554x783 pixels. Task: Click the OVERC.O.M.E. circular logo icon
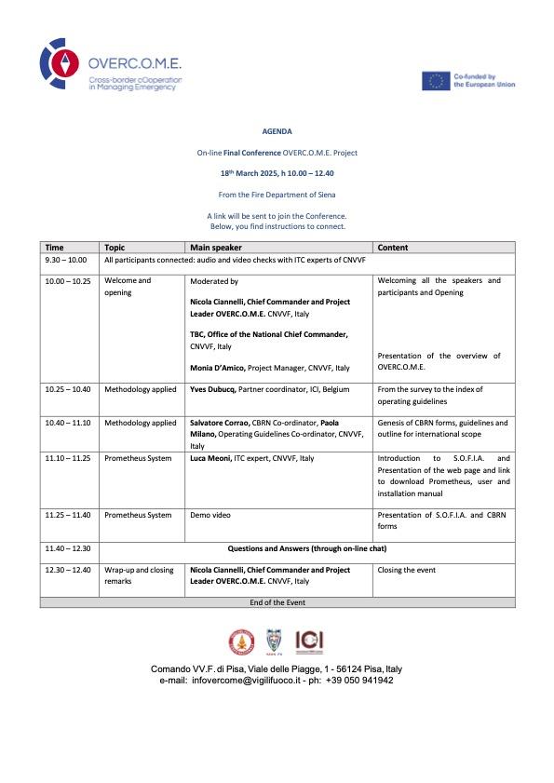coord(61,63)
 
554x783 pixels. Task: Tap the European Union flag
coord(435,81)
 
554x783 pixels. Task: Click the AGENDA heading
coord(277,132)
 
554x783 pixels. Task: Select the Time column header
coord(54,248)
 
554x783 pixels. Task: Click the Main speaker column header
coord(215,248)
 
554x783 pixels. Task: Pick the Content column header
coord(393,248)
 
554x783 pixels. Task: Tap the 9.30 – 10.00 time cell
coord(65,261)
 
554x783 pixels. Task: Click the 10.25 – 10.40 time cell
coord(67,389)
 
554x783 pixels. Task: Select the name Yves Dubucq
coord(215,389)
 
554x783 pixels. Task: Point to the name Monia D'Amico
coord(217,369)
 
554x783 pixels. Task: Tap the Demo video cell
coord(210,515)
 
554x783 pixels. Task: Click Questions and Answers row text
coord(306,548)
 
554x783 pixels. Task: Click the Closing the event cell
coord(406,570)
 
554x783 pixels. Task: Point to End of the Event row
coord(277,602)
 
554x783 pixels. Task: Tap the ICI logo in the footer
coord(309,641)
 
